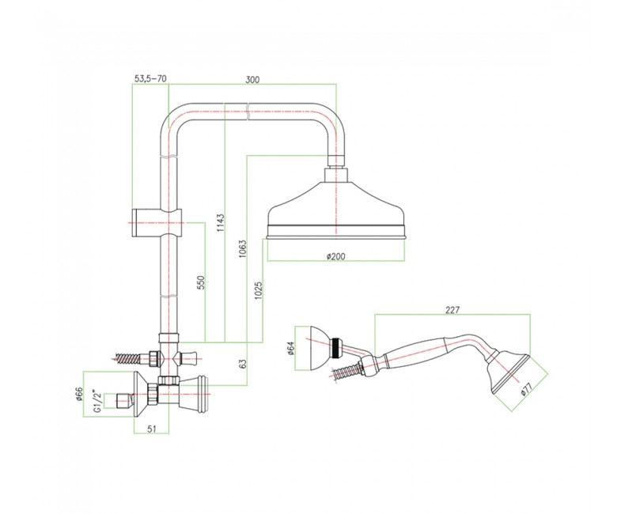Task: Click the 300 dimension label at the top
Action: click(x=252, y=79)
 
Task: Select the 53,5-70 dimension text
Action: click(x=150, y=79)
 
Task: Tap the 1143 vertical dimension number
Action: click(x=221, y=222)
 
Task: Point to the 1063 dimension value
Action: click(x=243, y=248)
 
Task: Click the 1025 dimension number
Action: click(x=259, y=291)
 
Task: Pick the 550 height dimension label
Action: click(x=201, y=282)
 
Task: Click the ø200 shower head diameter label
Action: click(x=335, y=256)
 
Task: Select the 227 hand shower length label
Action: click(x=452, y=310)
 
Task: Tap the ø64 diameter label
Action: click(x=290, y=348)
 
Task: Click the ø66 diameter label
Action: click(x=78, y=394)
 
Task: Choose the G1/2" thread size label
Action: click(x=97, y=400)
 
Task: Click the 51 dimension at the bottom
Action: click(x=153, y=429)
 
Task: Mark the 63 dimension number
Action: click(x=243, y=364)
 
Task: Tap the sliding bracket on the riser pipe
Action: click(x=156, y=222)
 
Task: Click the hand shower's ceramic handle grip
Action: click(x=415, y=350)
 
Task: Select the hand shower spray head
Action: click(x=509, y=372)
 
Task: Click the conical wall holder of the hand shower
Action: click(x=319, y=348)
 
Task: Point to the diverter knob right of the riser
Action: click(x=187, y=358)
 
